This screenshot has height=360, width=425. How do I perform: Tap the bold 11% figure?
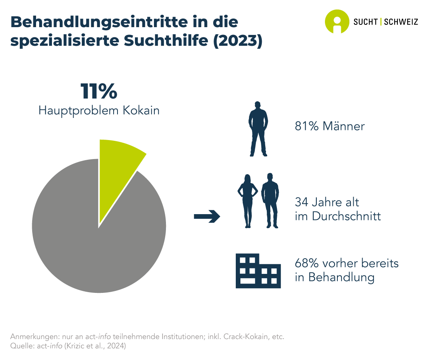99,92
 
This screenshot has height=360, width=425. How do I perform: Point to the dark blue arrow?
207,217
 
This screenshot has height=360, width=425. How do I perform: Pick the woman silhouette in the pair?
247,200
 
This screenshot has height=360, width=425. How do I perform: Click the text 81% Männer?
330,126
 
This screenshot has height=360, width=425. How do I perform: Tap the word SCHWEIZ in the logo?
401,22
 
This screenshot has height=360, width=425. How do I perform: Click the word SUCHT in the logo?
366,22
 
